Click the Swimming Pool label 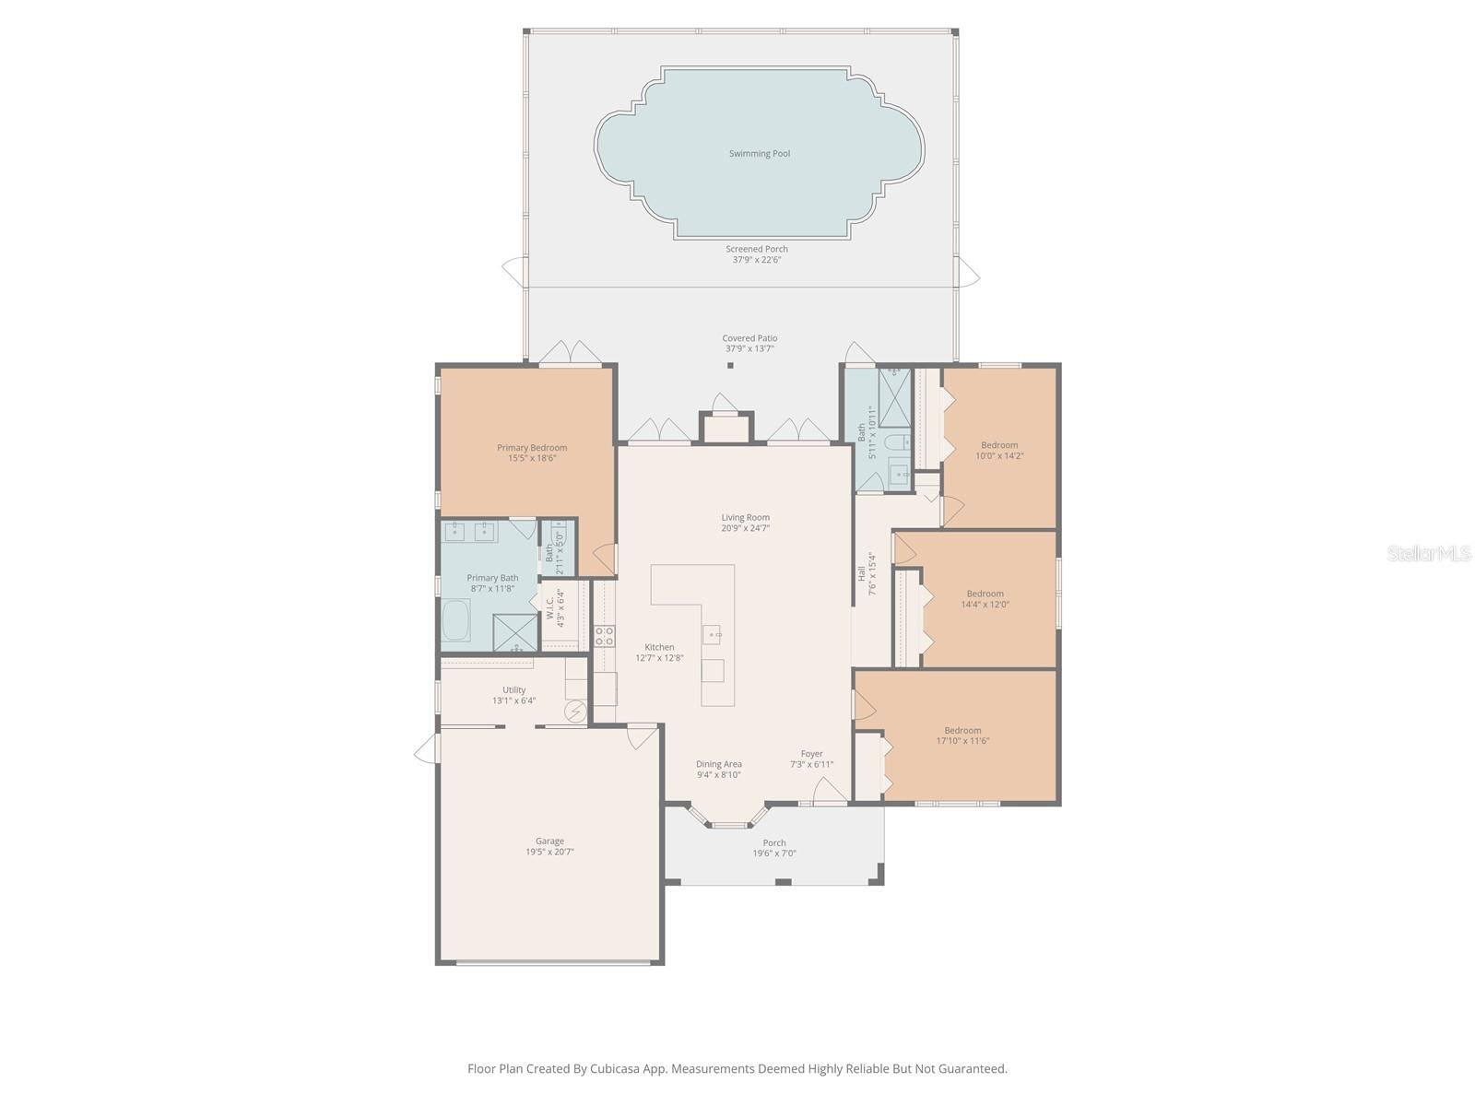pyautogui.click(x=759, y=154)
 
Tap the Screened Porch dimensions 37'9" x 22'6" pyautogui.click(x=756, y=260)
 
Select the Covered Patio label pyautogui.click(x=749, y=338)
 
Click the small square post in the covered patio pyautogui.click(x=730, y=366)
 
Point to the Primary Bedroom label pyautogui.click(x=532, y=448)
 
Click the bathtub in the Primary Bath pyautogui.click(x=456, y=620)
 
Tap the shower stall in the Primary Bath pyautogui.click(x=514, y=632)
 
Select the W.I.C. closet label pyautogui.click(x=550, y=608)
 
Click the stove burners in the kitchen pyautogui.click(x=605, y=635)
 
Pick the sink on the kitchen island pyautogui.click(x=712, y=634)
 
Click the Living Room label pyautogui.click(x=745, y=518)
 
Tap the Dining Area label pyautogui.click(x=718, y=764)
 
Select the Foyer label pyautogui.click(x=811, y=754)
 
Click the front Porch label pyautogui.click(x=774, y=842)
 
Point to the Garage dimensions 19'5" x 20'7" pyautogui.click(x=549, y=853)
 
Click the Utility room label pyautogui.click(x=513, y=689)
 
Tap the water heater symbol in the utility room pyautogui.click(x=576, y=712)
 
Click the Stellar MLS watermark pyautogui.click(x=1429, y=554)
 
